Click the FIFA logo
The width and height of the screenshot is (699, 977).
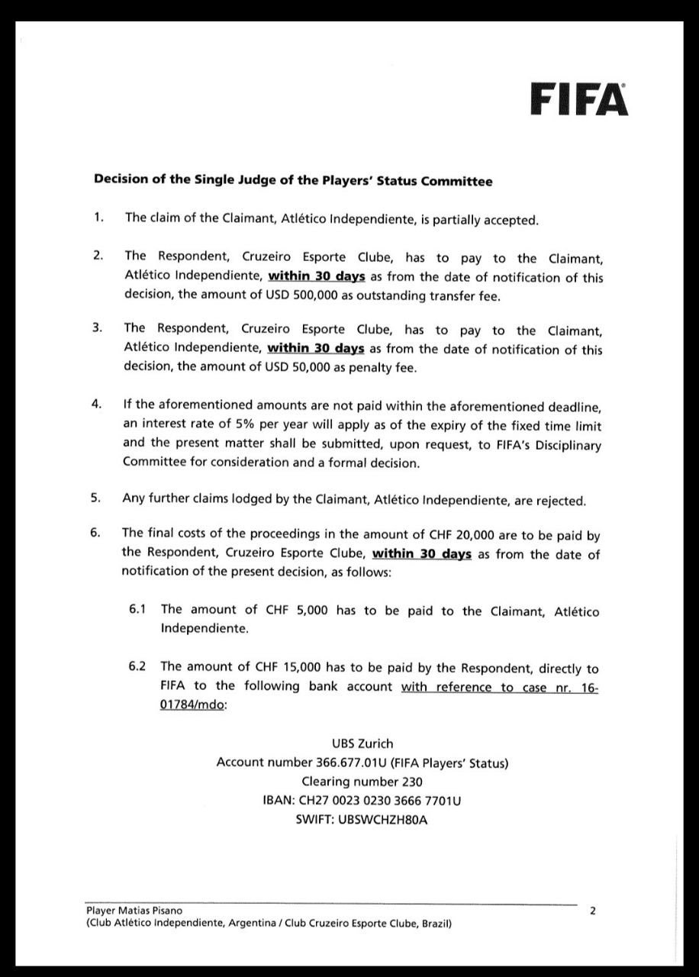point(579,99)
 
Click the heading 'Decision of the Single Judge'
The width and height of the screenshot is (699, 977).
point(292,181)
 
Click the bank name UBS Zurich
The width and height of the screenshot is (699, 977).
point(362,743)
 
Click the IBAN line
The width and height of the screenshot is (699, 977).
point(362,801)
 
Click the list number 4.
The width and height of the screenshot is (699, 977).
point(96,405)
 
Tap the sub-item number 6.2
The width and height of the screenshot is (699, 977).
point(137,667)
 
